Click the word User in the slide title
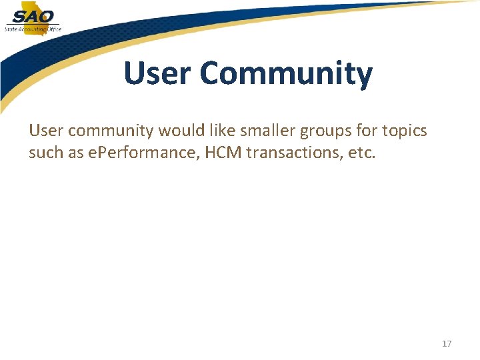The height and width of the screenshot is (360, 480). [157, 73]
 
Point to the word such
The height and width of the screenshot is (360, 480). [45, 153]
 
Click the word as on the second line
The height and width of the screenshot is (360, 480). [75, 153]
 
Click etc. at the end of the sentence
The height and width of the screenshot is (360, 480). [363, 153]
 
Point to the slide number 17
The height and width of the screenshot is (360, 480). [447, 343]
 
